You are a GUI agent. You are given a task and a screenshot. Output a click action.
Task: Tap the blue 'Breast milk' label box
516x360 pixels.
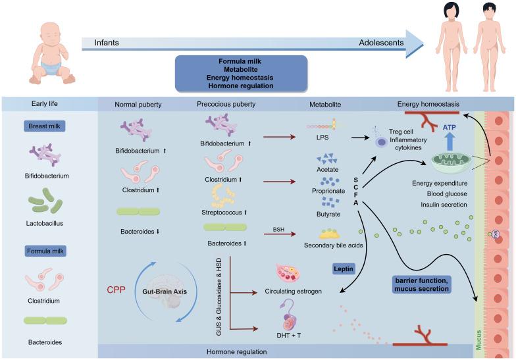(41, 126)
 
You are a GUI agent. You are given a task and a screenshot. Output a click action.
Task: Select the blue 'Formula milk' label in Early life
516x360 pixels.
(41, 251)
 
